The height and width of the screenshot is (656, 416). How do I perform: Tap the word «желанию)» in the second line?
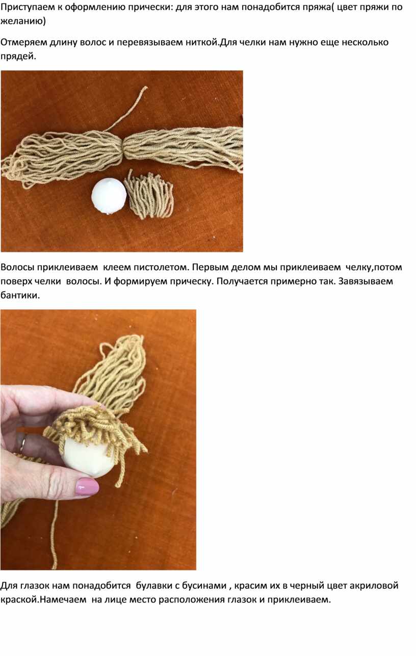pos(23,21)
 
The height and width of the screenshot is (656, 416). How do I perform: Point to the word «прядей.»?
pos(18,57)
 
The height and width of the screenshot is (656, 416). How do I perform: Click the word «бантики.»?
pos(20,296)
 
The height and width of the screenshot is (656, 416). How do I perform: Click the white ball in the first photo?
pos(109,197)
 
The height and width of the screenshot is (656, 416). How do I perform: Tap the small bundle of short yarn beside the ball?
pos(149,195)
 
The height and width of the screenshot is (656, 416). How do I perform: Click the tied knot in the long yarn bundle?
pos(123,149)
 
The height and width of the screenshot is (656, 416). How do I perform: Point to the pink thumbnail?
pos(87,487)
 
